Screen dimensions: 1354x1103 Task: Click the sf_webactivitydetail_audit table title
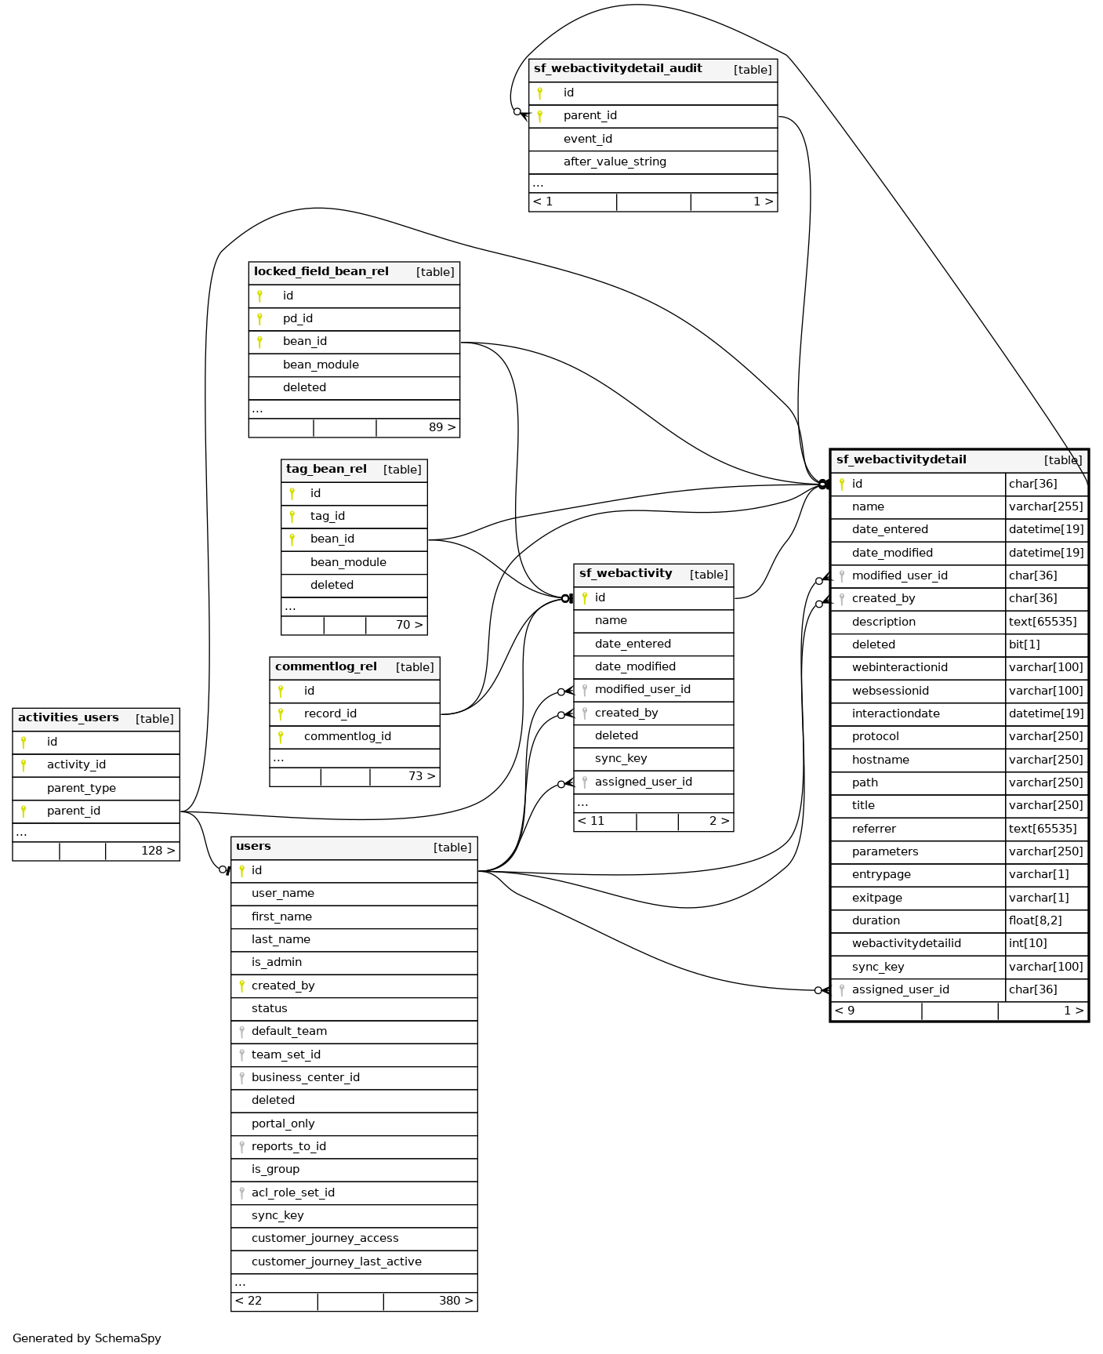point(618,69)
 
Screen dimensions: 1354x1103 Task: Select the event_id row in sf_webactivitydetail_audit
point(587,140)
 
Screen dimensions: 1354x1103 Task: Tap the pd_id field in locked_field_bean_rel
point(298,319)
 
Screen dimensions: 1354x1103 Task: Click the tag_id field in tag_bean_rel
point(327,517)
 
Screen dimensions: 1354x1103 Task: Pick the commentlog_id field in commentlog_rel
point(347,737)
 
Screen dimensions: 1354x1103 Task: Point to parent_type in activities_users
point(81,789)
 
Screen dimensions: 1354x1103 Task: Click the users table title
point(253,847)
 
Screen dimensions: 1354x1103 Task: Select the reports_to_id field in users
point(288,1147)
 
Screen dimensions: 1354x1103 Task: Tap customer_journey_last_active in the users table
point(336,1262)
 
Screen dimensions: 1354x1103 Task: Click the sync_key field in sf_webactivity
point(621,759)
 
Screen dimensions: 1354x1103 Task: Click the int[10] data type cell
point(1028,944)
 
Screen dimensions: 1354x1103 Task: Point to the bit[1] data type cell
point(1025,645)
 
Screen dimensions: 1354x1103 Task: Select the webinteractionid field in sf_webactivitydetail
point(899,668)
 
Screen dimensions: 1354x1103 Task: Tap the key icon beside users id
point(241,871)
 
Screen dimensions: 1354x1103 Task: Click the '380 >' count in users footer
point(455,1301)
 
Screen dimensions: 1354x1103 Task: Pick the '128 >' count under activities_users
point(158,851)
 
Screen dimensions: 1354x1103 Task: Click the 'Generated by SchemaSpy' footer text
point(87,1338)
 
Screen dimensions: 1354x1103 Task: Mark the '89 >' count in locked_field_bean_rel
point(442,428)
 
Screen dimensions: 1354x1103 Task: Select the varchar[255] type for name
point(1046,507)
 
